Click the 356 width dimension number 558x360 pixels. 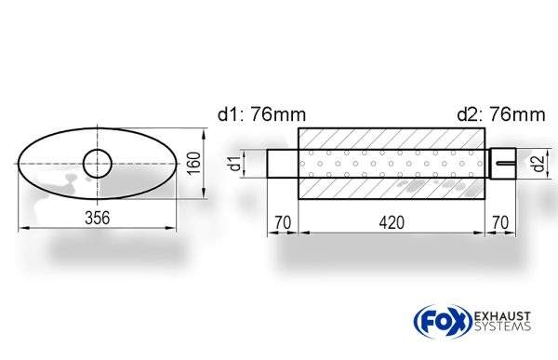[x=98, y=218]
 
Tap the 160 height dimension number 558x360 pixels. [x=194, y=163]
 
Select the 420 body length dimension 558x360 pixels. [x=392, y=223]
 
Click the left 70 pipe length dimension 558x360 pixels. [x=283, y=223]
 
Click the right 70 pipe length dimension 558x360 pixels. [x=500, y=223]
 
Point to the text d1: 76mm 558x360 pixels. [x=261, y=114]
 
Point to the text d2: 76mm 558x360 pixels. [x=501, y=114]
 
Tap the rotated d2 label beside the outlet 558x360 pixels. [x=538, y=164]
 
